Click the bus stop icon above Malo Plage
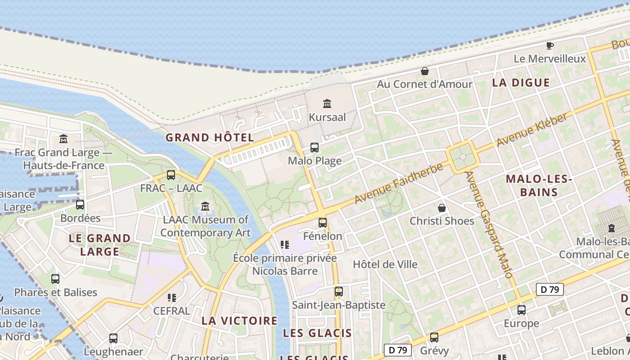tap(315, 148)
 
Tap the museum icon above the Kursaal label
tap(327, 104)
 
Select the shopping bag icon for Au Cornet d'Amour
tap(424, 71)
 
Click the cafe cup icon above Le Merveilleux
tap(549, 45)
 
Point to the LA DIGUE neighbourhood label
tap(521, 82)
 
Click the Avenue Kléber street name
tap(532, 130)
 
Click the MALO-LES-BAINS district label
tap(539, 185)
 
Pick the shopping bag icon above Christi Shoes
tap(442, 208)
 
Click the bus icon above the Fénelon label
tap(323, 222)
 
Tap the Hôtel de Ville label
tap(385, 264)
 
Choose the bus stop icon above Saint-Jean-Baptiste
tap(338, 292)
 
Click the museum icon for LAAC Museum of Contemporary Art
tap(206, 207)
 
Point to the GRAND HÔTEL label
tap(210, 138)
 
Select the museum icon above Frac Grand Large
tap(63, 139)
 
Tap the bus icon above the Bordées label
tap(80, 205)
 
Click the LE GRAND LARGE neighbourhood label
tap(99, 244)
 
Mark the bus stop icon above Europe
tap(521, 310)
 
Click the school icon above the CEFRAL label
tap(171, 297)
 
